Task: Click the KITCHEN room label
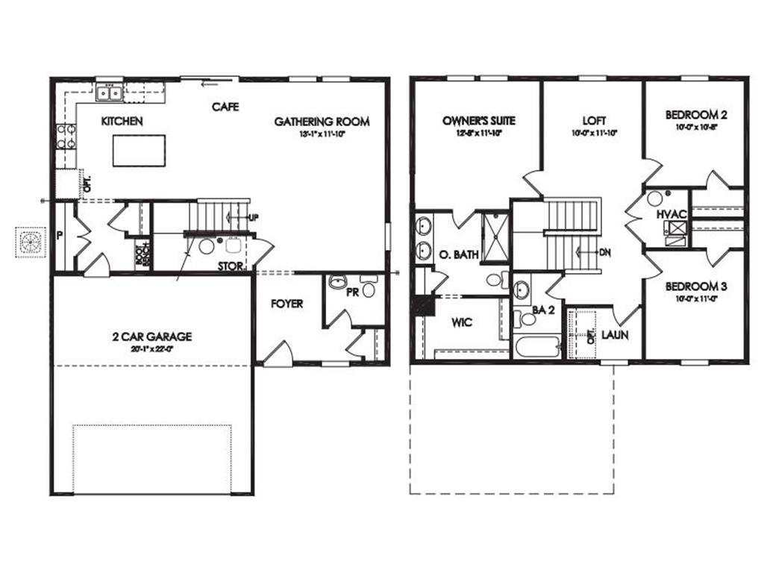122,122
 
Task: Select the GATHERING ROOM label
322,122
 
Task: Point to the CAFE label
225,107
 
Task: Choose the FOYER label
286,304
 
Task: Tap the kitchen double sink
110,93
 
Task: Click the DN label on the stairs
604,252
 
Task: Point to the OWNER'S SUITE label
478,120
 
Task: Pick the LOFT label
595,120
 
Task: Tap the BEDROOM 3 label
696,286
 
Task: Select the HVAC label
671,215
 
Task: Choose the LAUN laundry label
615,335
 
